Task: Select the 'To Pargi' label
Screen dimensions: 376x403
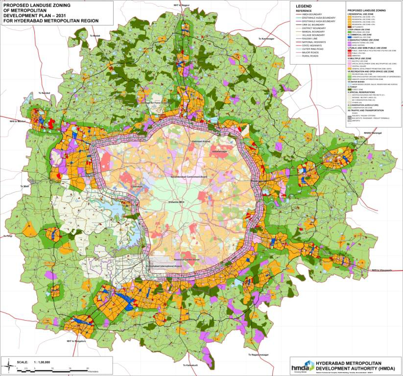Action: pos(8,236)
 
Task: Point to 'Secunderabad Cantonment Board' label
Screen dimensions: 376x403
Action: pos(188,176)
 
